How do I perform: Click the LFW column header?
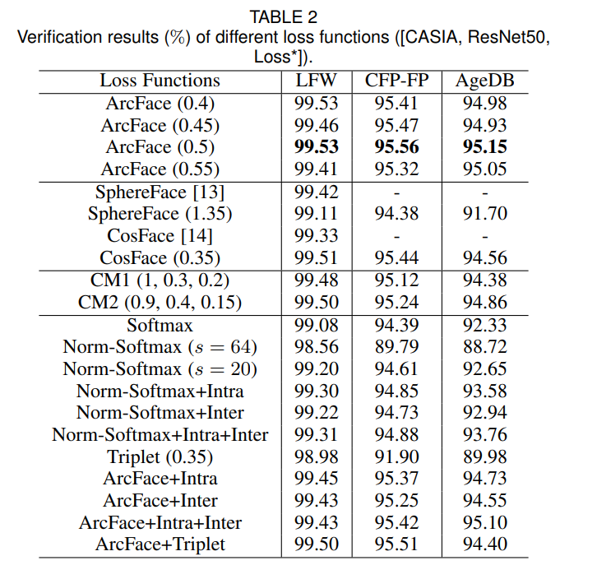[317, 81]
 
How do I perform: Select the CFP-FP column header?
[397, 81]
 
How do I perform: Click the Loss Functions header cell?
[160, 81]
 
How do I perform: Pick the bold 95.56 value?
[397, 147]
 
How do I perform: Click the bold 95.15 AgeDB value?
[484, 147]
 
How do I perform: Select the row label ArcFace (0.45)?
[160, 125]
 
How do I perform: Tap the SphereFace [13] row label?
[160, 192]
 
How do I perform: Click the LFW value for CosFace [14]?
[317, 236]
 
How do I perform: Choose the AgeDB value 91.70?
[484, 214]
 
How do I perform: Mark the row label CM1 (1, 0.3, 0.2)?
[160, 280]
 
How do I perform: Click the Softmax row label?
[160, 325]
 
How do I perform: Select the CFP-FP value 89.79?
[397, 346]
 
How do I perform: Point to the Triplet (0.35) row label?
[160, 457]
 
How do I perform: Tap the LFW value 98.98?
[317, 457]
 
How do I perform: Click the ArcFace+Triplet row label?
[160, 544]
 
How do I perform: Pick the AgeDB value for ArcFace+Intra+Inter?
[484, 522]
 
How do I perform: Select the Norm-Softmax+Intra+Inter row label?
[160, 435]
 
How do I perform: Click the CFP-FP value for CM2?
[397, 302]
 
